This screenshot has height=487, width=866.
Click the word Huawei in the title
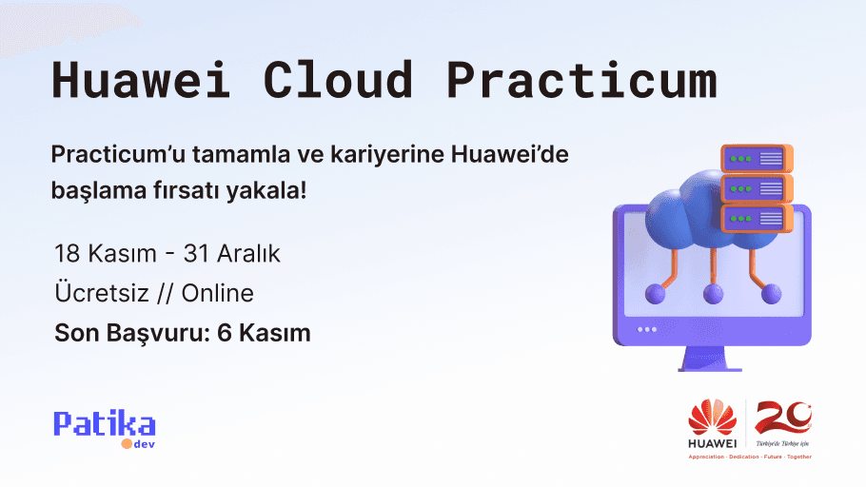pyautogui.click(x=142, y=80)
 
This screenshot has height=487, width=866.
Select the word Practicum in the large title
pyautogui.click(x=581, y=80)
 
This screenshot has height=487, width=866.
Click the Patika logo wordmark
pyautogui.click(x=105, y=424)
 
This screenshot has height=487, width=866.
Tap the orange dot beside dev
pyautogui.click(x=125, y=443)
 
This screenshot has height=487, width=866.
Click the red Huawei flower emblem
pyautogui.click(x=712, y=417)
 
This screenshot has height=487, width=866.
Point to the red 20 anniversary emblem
pyautogui.click(x=783, y=419)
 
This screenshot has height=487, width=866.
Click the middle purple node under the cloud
pyautogui.click(x=713, y=294)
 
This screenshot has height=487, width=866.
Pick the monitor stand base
pyautogui.click(x=710, y=367)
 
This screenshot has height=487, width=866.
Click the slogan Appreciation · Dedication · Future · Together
pyautogui.click(x=750, y=457)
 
